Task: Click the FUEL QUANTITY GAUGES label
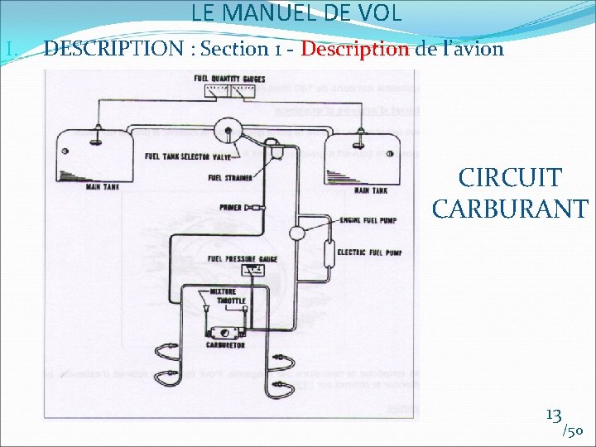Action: point(229,78)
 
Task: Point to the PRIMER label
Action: point(230,207)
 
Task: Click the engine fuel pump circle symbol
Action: point(296,233)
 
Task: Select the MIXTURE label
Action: point(223,291)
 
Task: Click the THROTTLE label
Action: point(230,301)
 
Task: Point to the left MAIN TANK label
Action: point(103,187)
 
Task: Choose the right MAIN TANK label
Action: point(371,191)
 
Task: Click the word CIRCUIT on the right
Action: point(510,178)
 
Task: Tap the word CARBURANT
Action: point(510,208)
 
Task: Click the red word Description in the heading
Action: point(355,48)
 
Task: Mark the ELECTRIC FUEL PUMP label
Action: point(369,252)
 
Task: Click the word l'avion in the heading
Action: point(473,48)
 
